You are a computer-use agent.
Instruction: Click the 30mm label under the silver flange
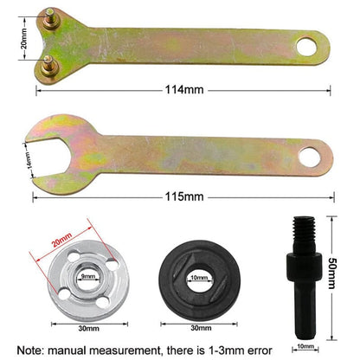[87, 329]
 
